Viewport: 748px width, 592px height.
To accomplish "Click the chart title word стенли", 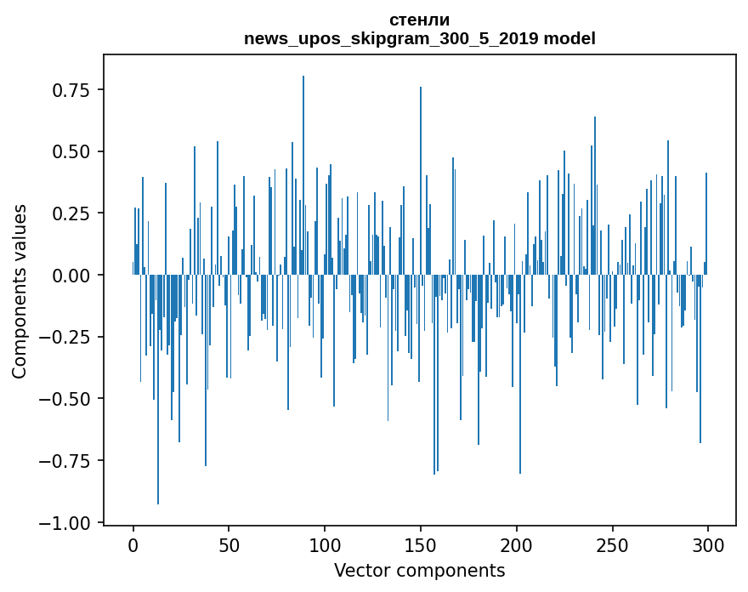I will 419,20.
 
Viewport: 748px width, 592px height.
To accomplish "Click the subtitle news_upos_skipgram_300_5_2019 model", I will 419,38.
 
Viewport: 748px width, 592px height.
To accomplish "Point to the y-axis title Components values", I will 19,291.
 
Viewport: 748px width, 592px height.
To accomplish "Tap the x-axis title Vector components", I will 419,571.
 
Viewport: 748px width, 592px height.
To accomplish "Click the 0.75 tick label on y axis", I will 72,90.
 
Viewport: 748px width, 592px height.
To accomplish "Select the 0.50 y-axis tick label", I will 72,152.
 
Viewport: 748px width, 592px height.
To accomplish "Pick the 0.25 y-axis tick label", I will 72,213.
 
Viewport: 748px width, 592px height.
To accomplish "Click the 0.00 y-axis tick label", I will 72,276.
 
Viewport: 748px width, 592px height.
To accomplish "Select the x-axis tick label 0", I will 133,546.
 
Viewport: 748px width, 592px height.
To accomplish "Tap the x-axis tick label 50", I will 229,546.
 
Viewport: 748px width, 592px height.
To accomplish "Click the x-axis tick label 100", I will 325,546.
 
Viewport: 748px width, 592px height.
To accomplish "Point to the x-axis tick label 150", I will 421,546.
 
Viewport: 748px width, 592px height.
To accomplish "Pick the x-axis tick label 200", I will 517,546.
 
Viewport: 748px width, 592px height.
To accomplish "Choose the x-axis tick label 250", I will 612,546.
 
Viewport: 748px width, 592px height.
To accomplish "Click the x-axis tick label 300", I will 708,546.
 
